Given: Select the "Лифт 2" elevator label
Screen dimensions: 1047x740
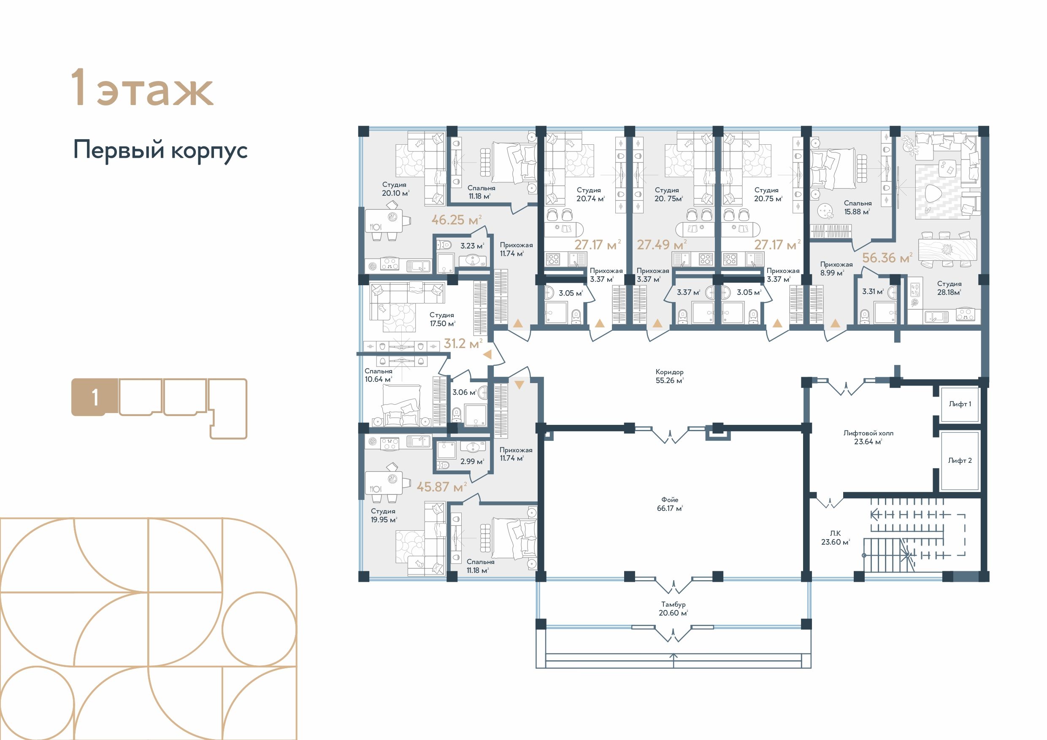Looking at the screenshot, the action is [x=960, y=461].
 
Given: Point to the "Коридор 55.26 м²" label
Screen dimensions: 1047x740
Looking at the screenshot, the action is [x=669, y=376].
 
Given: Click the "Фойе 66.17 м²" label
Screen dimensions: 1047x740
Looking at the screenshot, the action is [x=670, y=504].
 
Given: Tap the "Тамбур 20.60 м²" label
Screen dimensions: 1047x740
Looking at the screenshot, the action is [x=673, y=609].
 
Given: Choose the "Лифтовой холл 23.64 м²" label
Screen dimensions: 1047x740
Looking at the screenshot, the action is [x=868, y=437].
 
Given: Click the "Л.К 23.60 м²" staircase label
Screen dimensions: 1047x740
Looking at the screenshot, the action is [x=836, y=537].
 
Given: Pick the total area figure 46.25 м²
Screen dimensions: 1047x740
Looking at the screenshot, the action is [x=457, y=220].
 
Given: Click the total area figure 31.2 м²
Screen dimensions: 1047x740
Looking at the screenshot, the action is [x=463, y=343].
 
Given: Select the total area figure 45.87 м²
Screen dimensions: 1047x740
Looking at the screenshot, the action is [x=441, y=487].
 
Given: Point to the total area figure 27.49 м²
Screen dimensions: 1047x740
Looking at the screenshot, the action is [x=662, y=245].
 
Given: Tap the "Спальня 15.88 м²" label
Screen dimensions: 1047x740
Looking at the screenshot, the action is [x=857, y=208].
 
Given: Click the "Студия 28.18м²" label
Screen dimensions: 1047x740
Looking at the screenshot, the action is [x=950, y=288].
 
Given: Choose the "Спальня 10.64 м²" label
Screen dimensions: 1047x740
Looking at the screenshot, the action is [x=379, y=375].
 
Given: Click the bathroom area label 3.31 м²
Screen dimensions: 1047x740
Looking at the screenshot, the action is [x=873, y=292].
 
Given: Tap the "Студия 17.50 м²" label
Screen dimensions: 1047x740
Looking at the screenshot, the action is [x=442, y=319].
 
